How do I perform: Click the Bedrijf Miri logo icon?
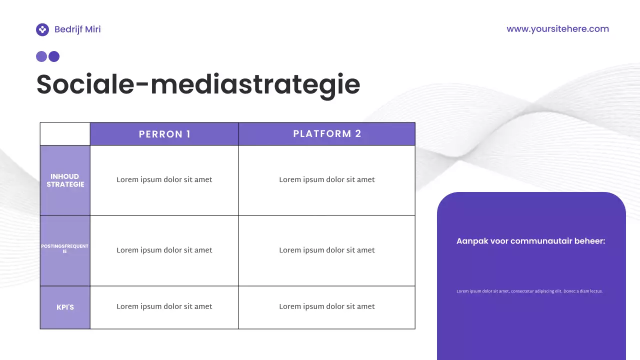(42, 29)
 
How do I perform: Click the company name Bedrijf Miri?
(77, 29)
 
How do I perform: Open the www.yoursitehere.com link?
(557, 29)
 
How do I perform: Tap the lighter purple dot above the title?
(41, 56)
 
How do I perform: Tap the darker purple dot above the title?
(54, 56)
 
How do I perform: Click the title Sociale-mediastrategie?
(198, 84)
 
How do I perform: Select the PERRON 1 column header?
(164, 134)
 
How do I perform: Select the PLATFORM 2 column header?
(327, 134)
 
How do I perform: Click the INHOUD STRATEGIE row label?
(65, 180)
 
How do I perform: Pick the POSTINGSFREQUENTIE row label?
(65, 249)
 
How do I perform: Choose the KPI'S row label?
(65, 307)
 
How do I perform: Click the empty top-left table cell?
(65, 134)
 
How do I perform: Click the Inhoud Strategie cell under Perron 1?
(164, 180)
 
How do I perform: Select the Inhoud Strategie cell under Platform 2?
(327, 180)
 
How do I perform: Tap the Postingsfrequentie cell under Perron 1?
(164, 250)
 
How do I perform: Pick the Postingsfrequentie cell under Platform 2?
(327, 250)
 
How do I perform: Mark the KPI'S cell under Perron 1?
(164, 307)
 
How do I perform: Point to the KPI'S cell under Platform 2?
(327, 307)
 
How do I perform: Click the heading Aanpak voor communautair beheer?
(530, 241)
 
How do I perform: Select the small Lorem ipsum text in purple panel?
(529, 291)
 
